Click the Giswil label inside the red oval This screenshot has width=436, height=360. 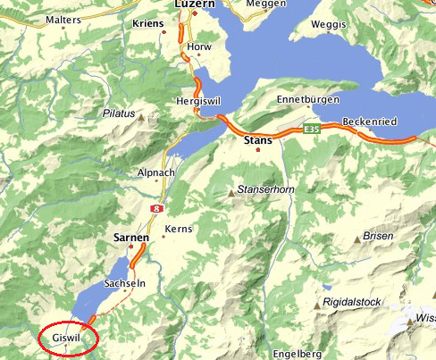click(67, 339)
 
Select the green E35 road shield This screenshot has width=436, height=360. click(311, 130)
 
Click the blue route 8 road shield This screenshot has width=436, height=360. click(158, 207)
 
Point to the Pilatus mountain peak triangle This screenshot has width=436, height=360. click(140, 116)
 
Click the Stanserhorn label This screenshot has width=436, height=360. click(264, 190)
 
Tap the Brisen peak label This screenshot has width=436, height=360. click(380, 235)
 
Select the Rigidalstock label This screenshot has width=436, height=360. click(356, 303)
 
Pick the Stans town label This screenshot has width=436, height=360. click(258, 140)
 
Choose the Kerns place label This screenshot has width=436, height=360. click(179, 230)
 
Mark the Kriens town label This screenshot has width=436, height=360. click(147, 23)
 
